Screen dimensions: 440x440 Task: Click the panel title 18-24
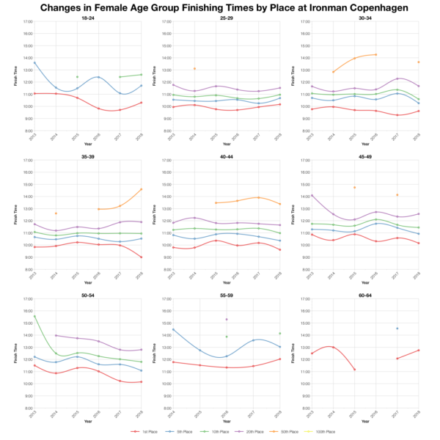click(x=87, y=17)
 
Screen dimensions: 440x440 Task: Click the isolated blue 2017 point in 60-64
click(x=397, y=329)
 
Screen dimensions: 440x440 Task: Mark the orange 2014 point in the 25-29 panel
click(x=194, y=69)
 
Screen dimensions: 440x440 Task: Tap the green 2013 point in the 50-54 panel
click(x=34, y=317)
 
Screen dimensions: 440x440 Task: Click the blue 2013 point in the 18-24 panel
click(x=34, y=63)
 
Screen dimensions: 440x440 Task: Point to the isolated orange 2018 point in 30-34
click(x=418, y=62)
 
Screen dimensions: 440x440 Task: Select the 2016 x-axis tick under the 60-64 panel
click(x=375, y=414)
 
